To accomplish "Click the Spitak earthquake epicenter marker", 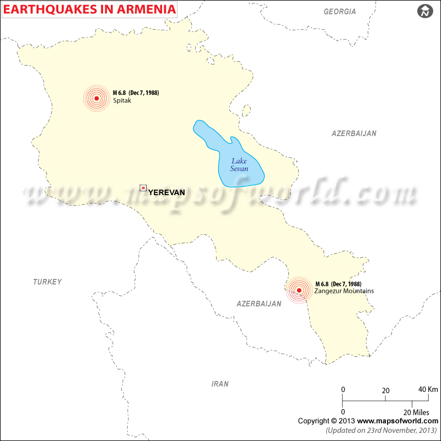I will [96, 99].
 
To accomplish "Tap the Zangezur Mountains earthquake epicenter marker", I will [299, 290].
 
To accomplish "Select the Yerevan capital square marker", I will [143, 189].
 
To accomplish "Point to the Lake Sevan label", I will [239, 165].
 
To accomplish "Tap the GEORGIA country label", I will [340, 12].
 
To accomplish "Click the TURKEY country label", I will [47, 282].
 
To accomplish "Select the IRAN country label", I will [220, 384].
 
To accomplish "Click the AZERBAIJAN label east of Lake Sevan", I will [354, 133].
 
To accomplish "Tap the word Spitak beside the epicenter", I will [122, 100].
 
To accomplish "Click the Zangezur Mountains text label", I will [344, 291].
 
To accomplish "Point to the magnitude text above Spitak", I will [136, 93].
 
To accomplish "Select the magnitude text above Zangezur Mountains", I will [338, 284].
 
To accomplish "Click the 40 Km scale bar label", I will [424, 389].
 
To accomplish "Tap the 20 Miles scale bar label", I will [416, 412].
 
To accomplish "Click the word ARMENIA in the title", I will [146, 9].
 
